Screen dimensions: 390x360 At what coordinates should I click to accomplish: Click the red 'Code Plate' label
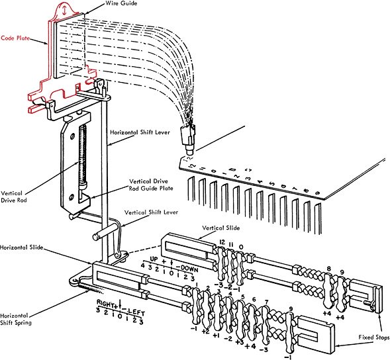(x=15, y=38)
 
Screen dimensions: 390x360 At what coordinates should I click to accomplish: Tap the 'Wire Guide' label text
(x=121, y=3)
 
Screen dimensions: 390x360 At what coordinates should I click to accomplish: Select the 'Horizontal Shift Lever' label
(x=140, y=132)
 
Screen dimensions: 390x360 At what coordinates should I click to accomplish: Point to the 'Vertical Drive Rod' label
(x=14, y=197)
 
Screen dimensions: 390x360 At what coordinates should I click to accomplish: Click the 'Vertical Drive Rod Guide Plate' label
(x=151, y=185)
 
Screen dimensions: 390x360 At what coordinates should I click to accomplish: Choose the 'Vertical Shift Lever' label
(x=151, y=212)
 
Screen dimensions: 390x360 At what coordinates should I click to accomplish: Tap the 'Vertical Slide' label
(x=221, y=228)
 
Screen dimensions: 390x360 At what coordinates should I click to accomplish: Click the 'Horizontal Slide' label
(x=22, y=247)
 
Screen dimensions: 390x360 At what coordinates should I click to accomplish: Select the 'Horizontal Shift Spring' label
(x=16, y=319)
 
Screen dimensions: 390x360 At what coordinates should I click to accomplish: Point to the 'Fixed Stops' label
(x=374, y=337)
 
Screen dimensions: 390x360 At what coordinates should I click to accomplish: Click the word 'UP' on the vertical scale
(x=154, y=259)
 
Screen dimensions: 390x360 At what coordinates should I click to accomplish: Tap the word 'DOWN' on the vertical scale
(x=189, y=269)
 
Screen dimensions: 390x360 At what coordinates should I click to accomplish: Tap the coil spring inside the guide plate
(x=83, y=156)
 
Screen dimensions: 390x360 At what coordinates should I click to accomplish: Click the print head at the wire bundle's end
(x=189, y=138)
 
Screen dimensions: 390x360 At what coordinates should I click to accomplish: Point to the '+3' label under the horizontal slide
(x=240, y=342)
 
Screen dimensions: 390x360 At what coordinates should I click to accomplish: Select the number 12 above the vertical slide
(x=222, y=242)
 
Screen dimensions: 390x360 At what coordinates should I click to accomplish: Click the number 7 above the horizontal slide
(x=266, y=302)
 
